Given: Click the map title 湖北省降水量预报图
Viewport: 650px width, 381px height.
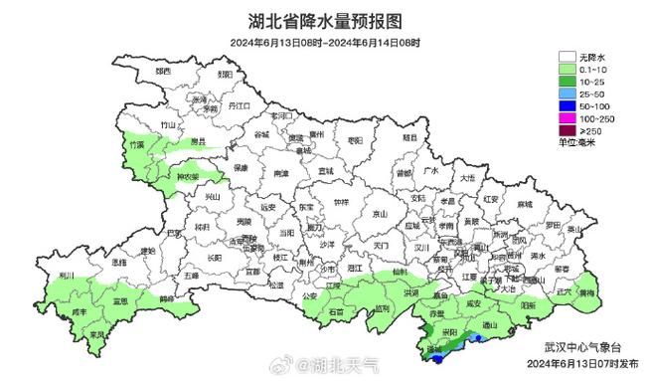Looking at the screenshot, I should [325, 20].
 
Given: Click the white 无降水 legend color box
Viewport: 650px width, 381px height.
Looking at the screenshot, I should [569, 58].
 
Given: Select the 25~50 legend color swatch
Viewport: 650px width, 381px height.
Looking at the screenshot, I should [569, 92].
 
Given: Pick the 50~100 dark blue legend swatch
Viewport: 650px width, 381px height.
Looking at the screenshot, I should [569, 102].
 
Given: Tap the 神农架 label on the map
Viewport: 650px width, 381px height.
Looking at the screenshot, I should [187, 178].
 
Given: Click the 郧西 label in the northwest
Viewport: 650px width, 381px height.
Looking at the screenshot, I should [165, 73].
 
